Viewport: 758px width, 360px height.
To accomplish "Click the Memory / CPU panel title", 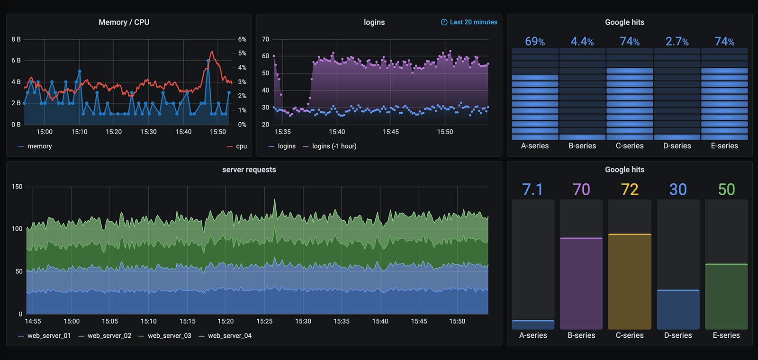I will tap(124, 22).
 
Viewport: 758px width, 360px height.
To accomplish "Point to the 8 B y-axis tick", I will tap(16, 39).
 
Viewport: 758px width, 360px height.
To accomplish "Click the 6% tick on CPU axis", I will tap(242, 39).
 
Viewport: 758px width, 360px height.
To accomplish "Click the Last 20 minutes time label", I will tap(473, 22).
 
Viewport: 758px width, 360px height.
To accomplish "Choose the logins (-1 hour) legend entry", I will tap(334, 146).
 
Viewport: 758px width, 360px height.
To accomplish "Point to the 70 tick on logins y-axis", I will tap(265, 39).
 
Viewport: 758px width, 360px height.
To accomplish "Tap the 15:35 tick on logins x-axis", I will tap(283, 132).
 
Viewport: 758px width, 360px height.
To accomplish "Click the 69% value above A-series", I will tap(535, 42).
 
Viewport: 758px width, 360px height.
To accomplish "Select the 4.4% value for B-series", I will tap(582, 42).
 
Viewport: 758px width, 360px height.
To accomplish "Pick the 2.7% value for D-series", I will tap(677, 42).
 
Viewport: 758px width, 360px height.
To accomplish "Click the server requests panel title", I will tap(249, 170).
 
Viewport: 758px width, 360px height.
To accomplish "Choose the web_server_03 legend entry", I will tap(169, 336).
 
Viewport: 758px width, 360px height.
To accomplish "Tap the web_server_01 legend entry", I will tap(49, 336).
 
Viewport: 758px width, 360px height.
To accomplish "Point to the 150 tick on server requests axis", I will tap(17, 187).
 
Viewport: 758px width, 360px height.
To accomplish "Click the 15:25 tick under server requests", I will tap(264, 321).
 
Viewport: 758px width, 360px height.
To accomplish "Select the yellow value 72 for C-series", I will tap(630, 189).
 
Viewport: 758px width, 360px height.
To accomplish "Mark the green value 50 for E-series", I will tap(726, 189).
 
